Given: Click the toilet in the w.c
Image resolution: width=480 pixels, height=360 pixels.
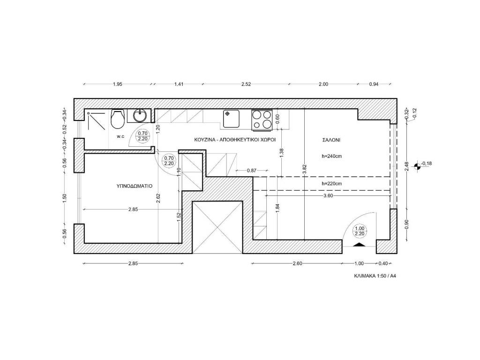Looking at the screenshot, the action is click(x=118, y=119).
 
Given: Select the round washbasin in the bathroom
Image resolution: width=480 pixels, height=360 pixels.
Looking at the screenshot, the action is click(x=140, y=116).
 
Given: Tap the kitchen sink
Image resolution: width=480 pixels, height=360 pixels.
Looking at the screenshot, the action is click(x=231, y=119).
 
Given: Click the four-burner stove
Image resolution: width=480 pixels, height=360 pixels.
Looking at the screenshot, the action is click(x=262, y=119).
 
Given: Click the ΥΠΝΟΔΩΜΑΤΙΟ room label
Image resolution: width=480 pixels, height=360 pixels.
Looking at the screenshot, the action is click(x=135, y=186).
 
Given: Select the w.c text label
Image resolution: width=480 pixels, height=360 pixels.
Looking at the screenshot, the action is click(x=120, y=136).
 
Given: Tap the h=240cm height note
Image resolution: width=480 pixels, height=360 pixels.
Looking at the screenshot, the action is click(x=332, y=156).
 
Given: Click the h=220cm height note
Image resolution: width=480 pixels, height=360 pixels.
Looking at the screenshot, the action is click(x=332, y=184).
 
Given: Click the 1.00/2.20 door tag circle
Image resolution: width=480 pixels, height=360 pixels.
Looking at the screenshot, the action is click(x=360, y=231).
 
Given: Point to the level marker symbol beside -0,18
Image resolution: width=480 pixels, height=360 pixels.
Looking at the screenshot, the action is click(x=416, y=166).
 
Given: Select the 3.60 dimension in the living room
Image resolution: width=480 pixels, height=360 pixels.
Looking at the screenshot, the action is click(x=328, y=195).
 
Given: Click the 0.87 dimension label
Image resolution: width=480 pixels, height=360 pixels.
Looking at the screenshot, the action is click(x=251, y=171).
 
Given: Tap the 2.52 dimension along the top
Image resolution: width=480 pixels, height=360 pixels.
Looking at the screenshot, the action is click(x=246, y=84).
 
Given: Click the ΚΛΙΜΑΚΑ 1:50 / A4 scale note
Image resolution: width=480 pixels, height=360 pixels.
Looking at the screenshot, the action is click(x=375, y=276).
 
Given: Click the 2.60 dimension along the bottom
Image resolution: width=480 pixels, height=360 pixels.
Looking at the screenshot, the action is click(x=297, y=263).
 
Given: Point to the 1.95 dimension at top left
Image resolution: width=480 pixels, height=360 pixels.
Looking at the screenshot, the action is click(x=118, y=84).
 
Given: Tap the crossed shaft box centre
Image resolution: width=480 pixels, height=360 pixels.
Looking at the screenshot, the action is click(x=217, y=227).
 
